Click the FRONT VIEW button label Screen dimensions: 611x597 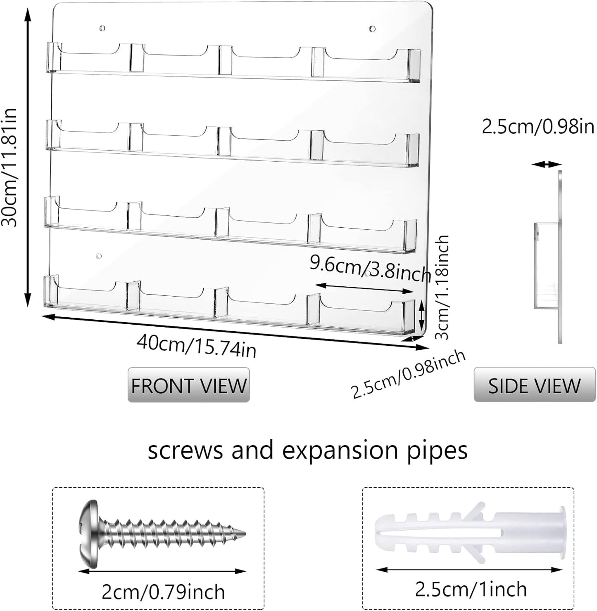[188, 385]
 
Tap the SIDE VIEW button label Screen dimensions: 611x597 [534, 385]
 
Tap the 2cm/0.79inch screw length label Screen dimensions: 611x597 [163, 592]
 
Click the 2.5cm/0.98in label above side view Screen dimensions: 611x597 [538, 127]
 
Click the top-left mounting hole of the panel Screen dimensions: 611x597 [102, 28]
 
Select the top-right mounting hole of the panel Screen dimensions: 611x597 [372, 28]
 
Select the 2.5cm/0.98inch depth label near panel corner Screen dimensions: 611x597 [408, 375]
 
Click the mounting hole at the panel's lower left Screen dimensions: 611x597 [98, 256]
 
